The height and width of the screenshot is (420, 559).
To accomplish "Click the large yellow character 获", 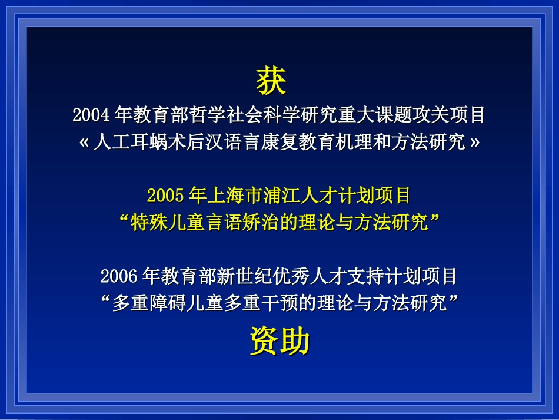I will [x=271, y=81].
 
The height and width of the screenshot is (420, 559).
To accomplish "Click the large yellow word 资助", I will [x=279, y=341].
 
